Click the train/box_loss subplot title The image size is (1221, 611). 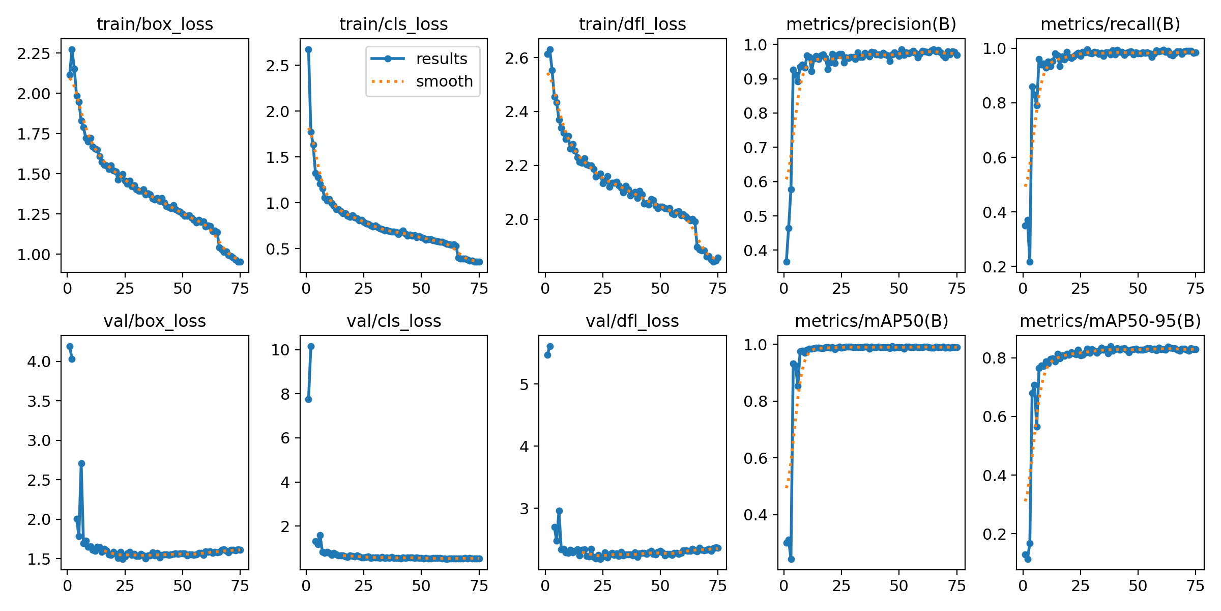coord(155,24)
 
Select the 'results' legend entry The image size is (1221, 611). coord(441,59)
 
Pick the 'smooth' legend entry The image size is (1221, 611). coord(444,81)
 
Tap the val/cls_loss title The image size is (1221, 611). coord(394,321)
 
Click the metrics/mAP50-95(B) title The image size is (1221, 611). coord(1110,321)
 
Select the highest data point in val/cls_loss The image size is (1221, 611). coord(311,346)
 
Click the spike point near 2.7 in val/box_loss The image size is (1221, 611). coord(81,463)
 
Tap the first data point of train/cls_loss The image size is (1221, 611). coord(308,49)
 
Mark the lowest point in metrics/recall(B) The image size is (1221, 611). coord(1030,262)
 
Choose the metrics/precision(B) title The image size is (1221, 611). coord(871,24)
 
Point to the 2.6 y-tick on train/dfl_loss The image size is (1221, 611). coord(517,58)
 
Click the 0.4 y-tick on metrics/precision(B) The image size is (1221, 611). coord(755,251)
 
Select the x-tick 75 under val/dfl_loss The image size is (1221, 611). coord(718,586)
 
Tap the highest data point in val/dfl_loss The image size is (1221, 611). coord(550,346)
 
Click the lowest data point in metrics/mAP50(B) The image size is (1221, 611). coord(791,559)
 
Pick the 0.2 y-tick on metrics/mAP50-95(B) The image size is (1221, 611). coord(995,534)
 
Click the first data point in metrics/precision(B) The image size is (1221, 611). coord(787,262)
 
